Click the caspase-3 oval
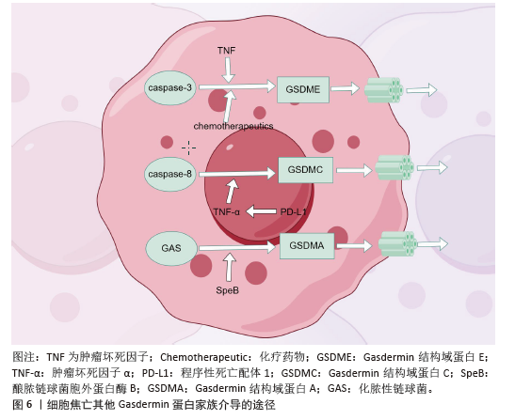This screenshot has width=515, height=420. click(170, 88)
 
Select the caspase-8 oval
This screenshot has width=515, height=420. click(170, 174)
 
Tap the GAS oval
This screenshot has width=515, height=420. click(171, 248)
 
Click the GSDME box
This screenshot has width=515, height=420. click(303, 89)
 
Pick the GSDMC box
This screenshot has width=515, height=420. click(305, 170)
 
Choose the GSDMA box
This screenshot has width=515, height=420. click(307, 246)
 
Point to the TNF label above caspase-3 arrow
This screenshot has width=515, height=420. click(226, 51)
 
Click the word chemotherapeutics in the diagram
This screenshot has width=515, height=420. click(233, 126)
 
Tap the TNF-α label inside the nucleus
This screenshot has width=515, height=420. click(227, 212)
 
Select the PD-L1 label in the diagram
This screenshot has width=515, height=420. click(294, 211)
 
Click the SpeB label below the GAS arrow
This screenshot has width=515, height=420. click(227, 290)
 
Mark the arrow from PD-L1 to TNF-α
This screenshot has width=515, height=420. click(261, 211)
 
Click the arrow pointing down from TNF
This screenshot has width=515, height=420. click(228, 70)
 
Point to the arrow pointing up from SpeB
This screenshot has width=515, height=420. click(229, 267)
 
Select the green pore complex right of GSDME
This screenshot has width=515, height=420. click(384, 89)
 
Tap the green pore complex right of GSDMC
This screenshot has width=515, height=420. click(394, 167)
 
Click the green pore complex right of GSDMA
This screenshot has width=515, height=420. click(397, 244)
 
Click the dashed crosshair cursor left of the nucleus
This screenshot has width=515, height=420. click(189, 148)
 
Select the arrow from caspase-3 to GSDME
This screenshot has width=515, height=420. click(237, 86)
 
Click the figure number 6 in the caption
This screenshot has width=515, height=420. click(29, 404)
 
